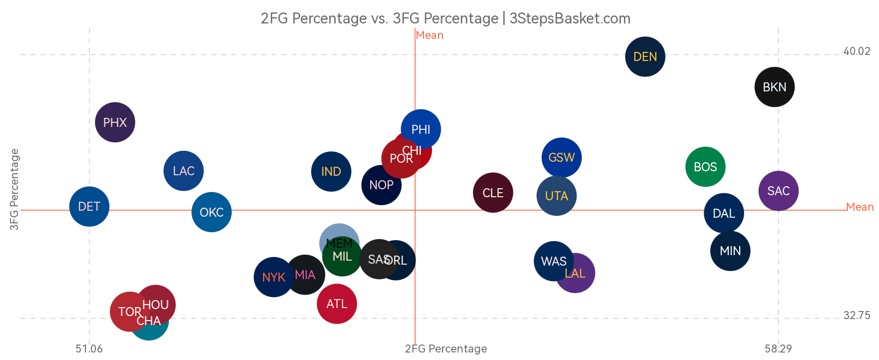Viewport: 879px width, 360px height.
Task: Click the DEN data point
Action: [x=645, y=56]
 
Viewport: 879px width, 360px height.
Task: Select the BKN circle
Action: [x=774, y=87]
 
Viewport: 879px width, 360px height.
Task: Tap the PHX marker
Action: [x=115, y=122]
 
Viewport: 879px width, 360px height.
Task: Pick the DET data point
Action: [x=89, y=206]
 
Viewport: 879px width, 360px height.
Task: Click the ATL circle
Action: [x=337, y=304]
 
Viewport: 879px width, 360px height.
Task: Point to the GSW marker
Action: [x=561, y=157]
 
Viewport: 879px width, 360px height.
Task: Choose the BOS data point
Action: [x=705, y=167]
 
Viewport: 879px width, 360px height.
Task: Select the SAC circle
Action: [x=778, y=191]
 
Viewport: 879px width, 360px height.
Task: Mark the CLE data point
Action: [x=492, y=193]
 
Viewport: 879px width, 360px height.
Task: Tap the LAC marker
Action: [x=183, y=171]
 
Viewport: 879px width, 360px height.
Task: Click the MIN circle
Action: [x=730, y=251]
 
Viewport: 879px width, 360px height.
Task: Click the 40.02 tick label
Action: [x=857, y=51]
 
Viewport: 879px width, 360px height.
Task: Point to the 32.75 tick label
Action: [x=857, y=316]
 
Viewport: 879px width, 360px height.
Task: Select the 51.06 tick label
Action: [x=89, y=349]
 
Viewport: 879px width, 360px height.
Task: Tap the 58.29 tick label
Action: [x=778, y=349]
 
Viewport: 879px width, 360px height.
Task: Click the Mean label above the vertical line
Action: [x=430, y=35]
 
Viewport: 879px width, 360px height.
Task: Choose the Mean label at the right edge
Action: [x=860, y=207]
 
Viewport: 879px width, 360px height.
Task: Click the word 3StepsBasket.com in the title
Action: [x=570, y=18]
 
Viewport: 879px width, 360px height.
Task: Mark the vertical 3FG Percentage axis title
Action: [x=14, y=190]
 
